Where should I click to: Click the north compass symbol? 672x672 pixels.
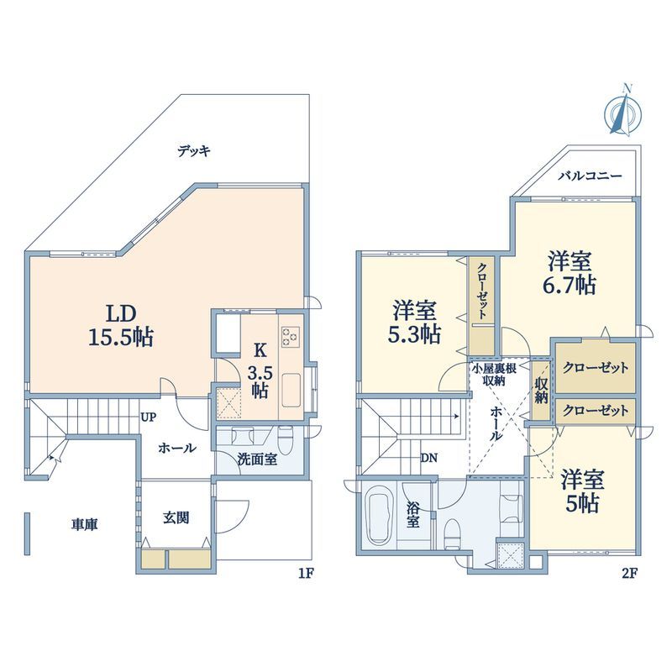point(623,112)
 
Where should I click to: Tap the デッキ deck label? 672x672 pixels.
point(194,151)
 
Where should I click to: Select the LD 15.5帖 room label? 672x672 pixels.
point(121,326)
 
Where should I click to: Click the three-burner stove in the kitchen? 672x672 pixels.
point(290,336)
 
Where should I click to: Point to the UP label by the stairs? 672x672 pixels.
point(149,417)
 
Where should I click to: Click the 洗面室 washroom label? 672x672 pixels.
point(257,459)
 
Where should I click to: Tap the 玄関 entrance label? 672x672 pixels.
point(176,517)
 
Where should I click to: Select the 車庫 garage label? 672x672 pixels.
point(85,524)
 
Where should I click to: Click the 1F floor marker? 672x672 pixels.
point(307,573)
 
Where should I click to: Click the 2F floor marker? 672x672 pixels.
point(630,573)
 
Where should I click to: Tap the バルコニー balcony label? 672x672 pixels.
point(591,176)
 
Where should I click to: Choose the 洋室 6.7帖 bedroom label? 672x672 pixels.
point(570,272)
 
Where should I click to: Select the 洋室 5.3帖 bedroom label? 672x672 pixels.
point(414,322)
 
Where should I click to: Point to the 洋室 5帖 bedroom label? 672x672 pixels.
point(583,491)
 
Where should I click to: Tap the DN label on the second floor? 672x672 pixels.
point(428,458)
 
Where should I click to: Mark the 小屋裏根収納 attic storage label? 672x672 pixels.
point(494,375)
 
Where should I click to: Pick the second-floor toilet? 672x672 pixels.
point(451,533)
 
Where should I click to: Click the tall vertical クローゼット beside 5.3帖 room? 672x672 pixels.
point(481,306)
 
